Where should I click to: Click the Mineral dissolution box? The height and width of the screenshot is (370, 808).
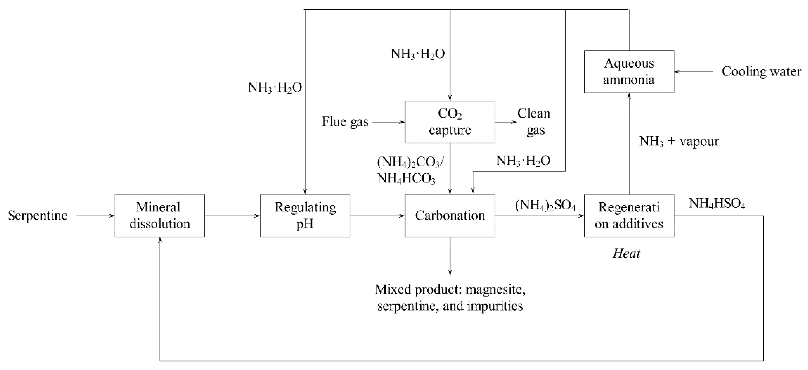click(160, 216)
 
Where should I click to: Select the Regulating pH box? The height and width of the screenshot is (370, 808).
click(305, 216)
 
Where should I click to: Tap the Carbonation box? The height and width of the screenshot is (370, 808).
click(450, 216)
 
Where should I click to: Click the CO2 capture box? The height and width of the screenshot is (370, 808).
click(450, 122)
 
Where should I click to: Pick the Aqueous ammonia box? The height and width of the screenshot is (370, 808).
click(629, 72)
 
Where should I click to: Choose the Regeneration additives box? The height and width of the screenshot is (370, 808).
click(629, 216)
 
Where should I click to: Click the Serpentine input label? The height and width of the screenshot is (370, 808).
click(38, 216)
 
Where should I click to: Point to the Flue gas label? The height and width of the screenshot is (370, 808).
click(345, 122)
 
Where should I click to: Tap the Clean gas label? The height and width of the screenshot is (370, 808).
click(534, 122)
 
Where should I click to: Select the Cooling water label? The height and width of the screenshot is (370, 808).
click(761, 72)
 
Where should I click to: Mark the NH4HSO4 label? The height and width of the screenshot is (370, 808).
click(717, 204)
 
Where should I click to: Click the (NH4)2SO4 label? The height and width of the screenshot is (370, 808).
click(545, 206)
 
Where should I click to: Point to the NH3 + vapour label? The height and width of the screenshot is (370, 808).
click(679, 141)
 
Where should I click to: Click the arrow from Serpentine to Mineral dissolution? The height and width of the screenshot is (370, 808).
click(95, 216)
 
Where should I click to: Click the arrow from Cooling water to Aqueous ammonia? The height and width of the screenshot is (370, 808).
click(694, 72)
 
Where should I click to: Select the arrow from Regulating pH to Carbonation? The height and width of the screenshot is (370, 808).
click(377, 216)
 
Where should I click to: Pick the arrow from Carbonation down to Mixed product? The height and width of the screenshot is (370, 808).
click(450, 256)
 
